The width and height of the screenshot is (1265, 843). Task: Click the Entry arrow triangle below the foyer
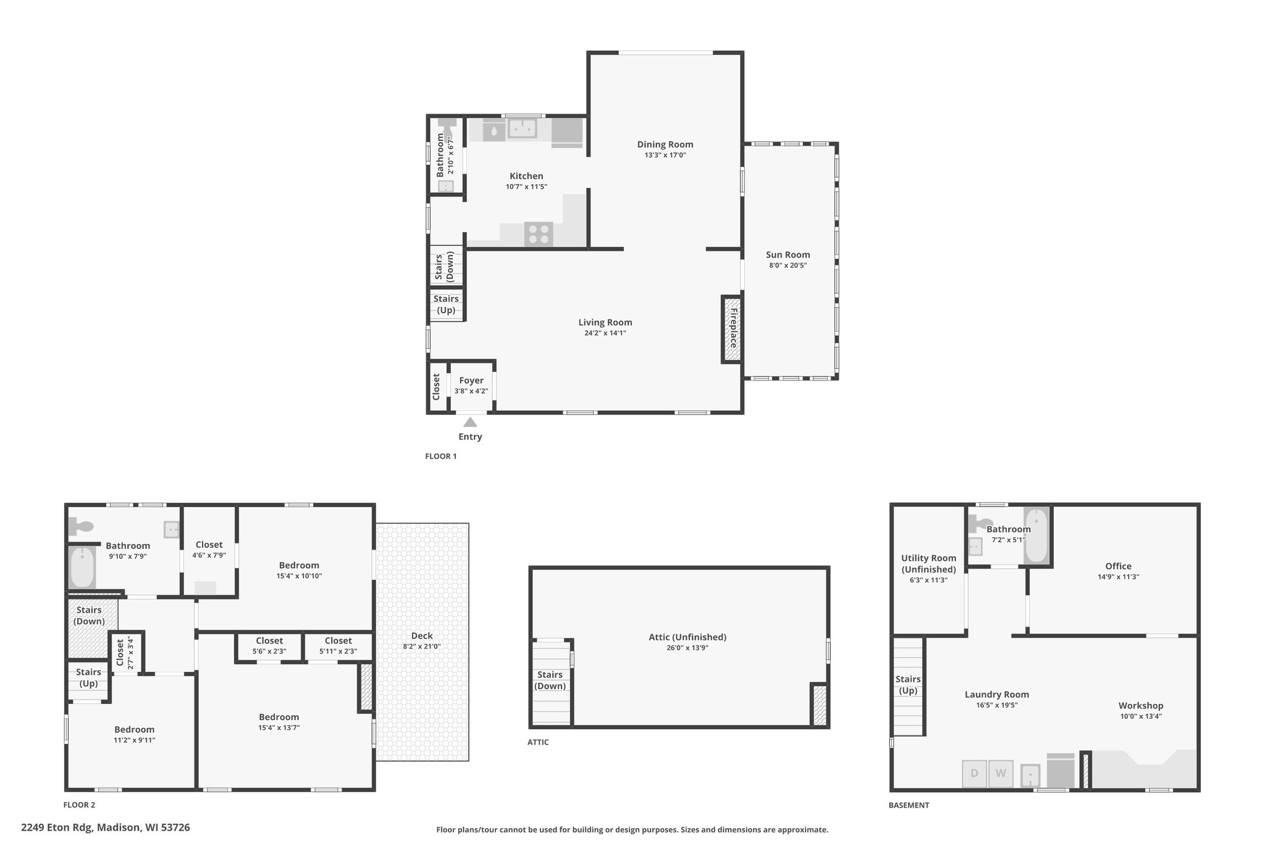coord(470,422)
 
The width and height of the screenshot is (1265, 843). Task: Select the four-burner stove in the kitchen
coord(539,234)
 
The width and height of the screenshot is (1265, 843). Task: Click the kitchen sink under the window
coord(523,128)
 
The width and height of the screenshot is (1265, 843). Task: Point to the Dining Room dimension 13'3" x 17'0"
coord(665,155)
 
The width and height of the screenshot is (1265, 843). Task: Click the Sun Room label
coord(788,254)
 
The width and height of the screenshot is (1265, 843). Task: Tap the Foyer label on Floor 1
coord(471,380)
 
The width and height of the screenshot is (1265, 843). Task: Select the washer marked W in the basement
coord(1001,773)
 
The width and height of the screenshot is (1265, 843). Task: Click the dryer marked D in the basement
coord(974,773)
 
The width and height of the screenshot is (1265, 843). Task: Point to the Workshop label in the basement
coord(1141,705)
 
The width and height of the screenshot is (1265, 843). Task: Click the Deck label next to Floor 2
coord(422,635)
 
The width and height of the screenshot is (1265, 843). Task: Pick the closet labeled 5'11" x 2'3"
coord(338,646)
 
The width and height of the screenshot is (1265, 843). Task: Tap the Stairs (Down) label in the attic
coord(550,680)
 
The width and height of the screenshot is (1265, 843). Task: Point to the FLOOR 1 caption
coord(441,456)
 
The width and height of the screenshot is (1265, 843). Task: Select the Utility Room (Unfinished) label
coord(928,564)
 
